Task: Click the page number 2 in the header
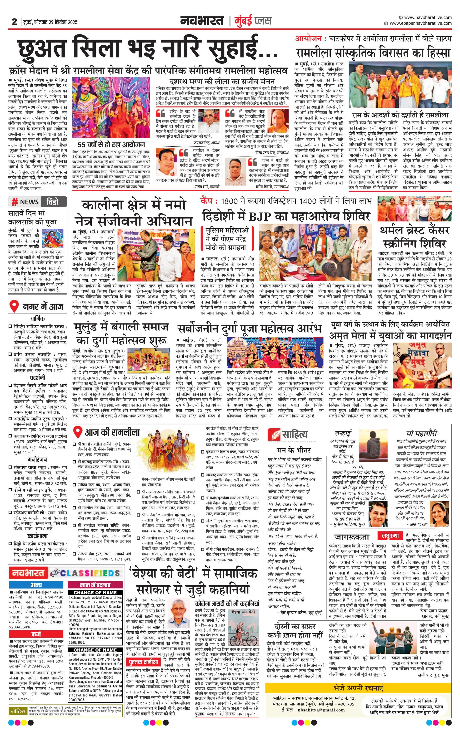pos(14,22)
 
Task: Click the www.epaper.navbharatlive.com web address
pos(420,23)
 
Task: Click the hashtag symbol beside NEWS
pos(14,202)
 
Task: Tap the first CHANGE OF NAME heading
pos(95,592)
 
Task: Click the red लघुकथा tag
pos(390,536)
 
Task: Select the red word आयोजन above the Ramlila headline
pos(308,39)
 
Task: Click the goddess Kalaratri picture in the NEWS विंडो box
pos(52,238)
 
